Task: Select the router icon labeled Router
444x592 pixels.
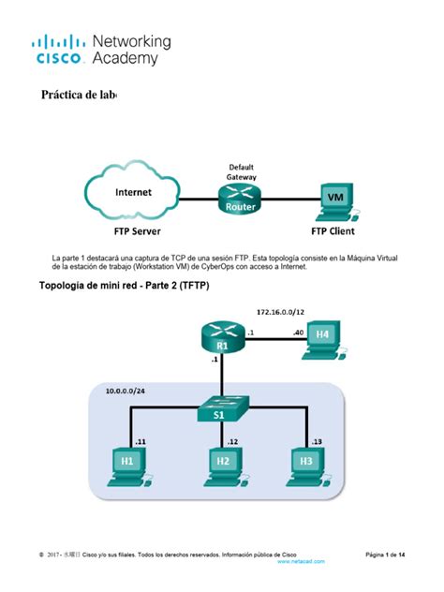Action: (241, 200)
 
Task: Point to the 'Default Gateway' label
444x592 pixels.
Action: (241, 171)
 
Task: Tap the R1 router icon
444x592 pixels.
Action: (221, 334)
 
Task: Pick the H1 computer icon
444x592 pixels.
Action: (127, 463)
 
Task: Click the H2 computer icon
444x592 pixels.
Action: (221, 463)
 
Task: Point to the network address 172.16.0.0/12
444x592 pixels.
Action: (280, 309)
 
